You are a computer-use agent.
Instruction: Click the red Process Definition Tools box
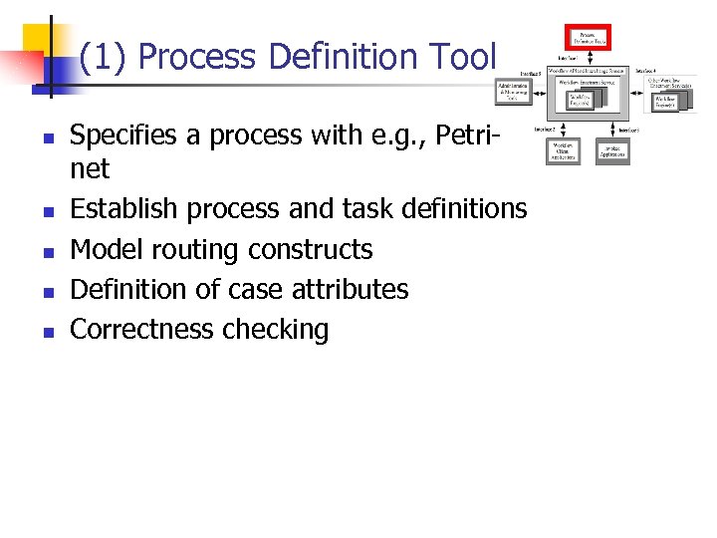click(588, 38)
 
